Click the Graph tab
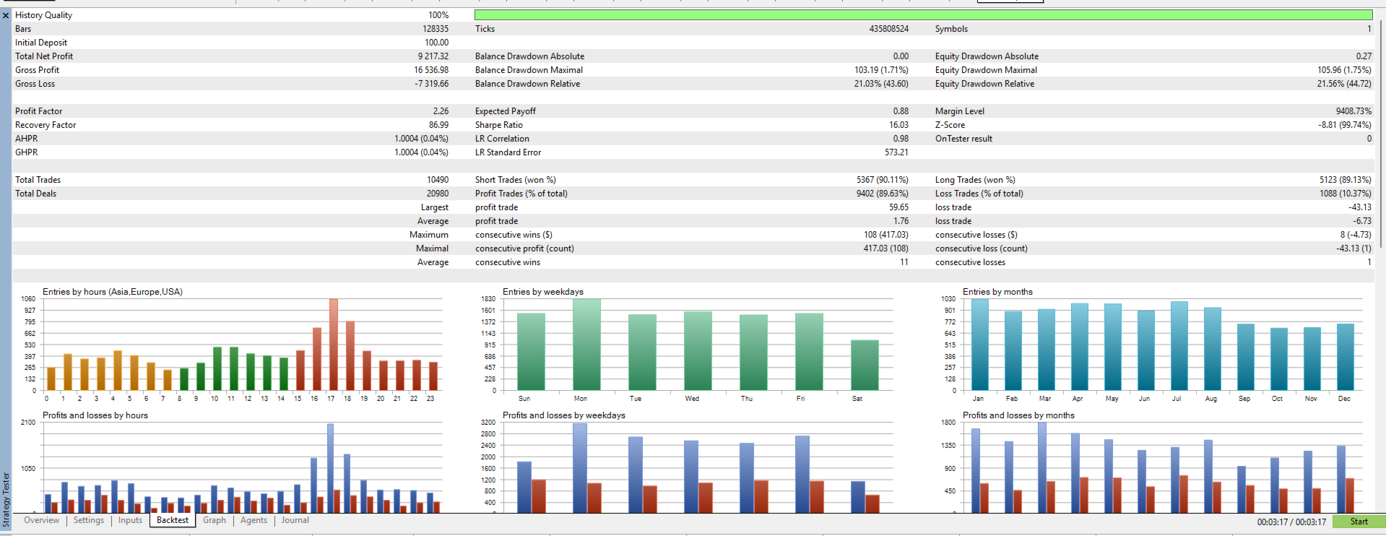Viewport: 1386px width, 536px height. (214, 520)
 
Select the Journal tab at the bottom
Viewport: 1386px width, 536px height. (295, 520)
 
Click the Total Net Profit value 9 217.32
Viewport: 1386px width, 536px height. (433, 56)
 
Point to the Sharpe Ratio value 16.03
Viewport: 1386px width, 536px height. (898, 125)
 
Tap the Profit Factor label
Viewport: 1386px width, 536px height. (38, 111)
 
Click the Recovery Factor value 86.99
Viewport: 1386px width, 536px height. (438, 125)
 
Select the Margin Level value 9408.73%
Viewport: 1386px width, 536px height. (1353, 111)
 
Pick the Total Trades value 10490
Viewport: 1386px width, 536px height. (438, 180)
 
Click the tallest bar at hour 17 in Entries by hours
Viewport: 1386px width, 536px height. (333, 345)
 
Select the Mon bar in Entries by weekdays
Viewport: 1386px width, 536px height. (586, 345)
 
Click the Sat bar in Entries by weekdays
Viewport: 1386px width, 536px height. (865, 366)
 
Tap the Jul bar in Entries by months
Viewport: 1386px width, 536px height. (1179, 346)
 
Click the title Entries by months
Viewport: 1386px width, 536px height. (997, 292)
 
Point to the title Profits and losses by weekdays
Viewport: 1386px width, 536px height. (563, 415)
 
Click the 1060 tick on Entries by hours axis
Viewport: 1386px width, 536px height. (28, 299)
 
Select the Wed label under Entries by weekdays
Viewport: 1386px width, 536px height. (692, 399)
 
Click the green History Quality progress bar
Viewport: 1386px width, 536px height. (923, 15)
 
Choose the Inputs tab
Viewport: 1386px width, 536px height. (130, 520)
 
